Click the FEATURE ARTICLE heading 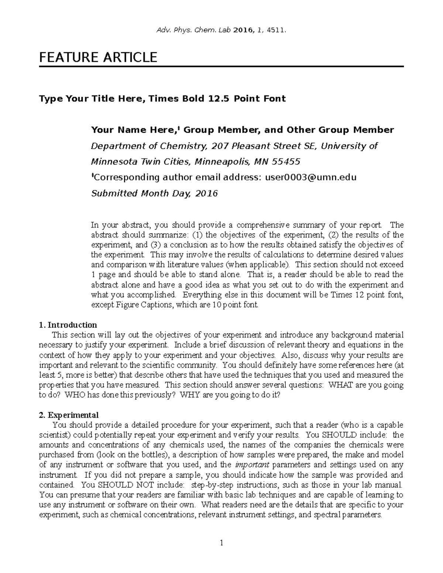coord(98,58)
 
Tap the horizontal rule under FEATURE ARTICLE coord(221,67)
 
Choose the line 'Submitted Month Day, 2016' coord(154,193)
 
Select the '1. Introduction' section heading coord(68,325)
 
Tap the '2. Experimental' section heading coord(69,415)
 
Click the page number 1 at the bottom coord(221,543)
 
